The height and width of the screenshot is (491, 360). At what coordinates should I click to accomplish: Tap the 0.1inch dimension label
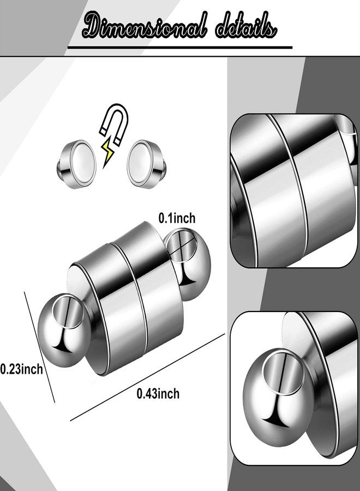click(176, 218)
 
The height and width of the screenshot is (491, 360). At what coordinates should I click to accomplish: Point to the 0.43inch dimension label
click(158, 393)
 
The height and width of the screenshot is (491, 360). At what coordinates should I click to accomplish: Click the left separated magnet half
click(76, 161)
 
